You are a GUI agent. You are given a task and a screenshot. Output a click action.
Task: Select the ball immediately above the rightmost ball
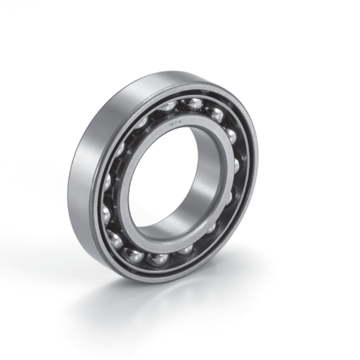231,136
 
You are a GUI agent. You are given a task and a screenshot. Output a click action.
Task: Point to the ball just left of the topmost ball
166,106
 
